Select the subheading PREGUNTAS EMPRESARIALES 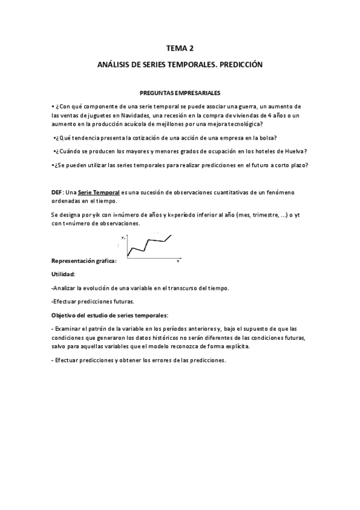coord(180,93)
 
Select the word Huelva coord(294,151)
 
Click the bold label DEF coord(57,191)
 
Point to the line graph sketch coord(149,247)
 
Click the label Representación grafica coord(84,262)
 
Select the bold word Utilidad coord(63,274)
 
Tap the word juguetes coord(97,114)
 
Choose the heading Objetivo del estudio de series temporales coord(109,315)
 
